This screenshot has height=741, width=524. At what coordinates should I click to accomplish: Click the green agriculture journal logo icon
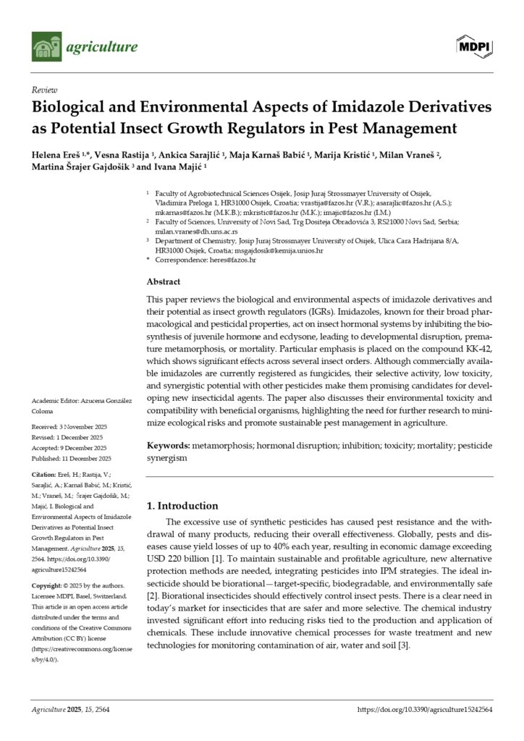(46, 47)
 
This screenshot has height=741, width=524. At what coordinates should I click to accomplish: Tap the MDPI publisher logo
(474, 47)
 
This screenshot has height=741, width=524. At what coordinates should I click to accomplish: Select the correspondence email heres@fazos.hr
(232, 258)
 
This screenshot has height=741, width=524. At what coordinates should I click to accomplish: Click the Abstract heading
(164, 281)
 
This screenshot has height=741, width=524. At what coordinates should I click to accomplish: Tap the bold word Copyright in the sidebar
(51, 585)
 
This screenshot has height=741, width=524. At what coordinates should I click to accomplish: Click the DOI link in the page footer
(425, 710)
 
